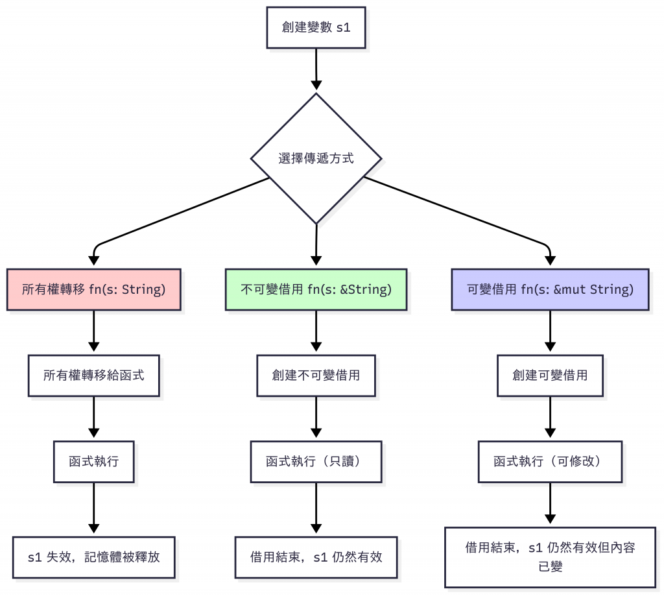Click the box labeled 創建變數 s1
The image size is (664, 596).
tap(316, 27)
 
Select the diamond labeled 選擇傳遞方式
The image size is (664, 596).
tap(316, 158)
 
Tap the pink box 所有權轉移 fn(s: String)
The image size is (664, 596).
tap(93, 289)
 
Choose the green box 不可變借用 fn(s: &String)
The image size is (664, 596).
tap(316, 289)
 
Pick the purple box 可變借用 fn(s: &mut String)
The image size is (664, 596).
tap(550, 289)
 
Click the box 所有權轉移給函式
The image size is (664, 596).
tap(93, 375)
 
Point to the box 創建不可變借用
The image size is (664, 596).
tap(316, 375)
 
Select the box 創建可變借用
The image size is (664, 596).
tap(550, 375)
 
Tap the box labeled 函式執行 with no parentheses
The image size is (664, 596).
tap(93, 461)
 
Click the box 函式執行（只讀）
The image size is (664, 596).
tap(316, 461)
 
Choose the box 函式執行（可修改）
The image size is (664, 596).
tap(550, 461)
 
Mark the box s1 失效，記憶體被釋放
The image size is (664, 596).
tap(93, 556)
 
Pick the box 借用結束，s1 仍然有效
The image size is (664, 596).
tap(316, 556)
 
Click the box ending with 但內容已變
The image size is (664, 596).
tap(550, 556)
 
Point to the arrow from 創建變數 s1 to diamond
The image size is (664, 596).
tap(316, 69)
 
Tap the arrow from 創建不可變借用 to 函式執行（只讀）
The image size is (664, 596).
tap(316, 418)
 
